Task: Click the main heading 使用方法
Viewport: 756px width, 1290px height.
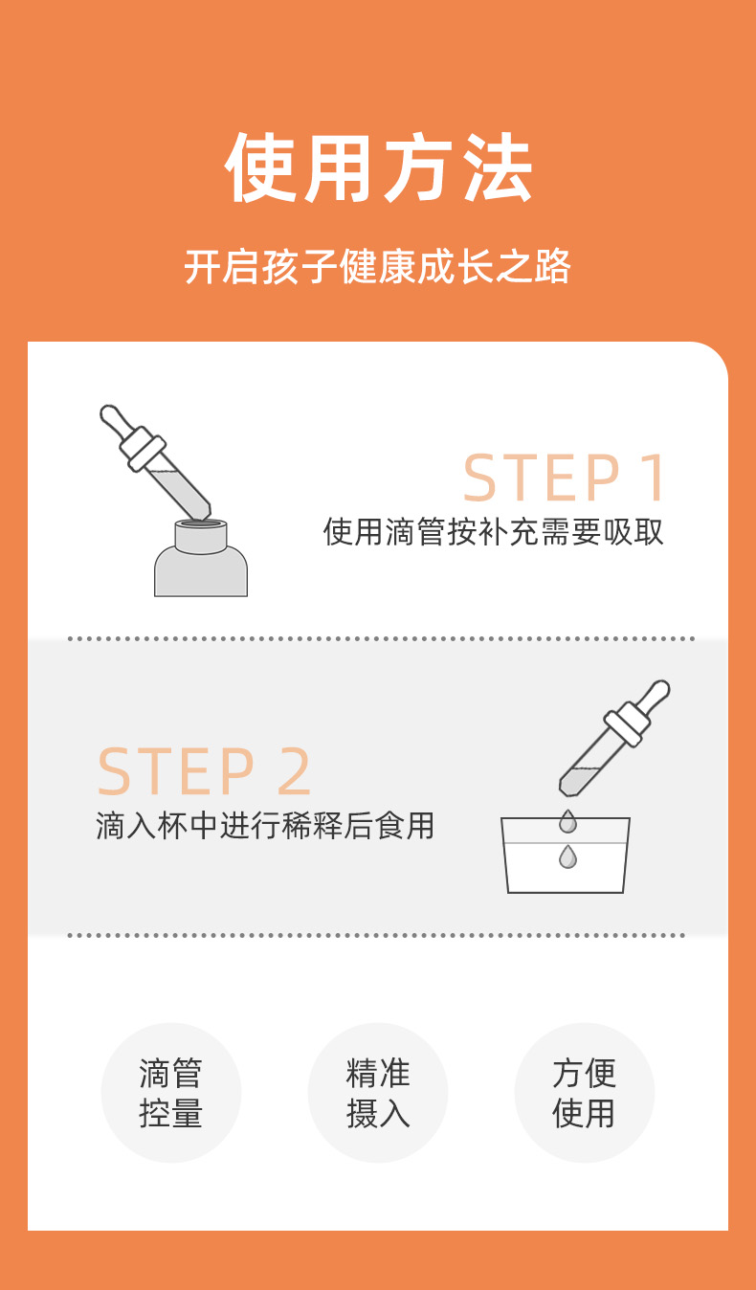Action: (x=378, y=167)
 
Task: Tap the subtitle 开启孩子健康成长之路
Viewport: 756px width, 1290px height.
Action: (x=378, y=267)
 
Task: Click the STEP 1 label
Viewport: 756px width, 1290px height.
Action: (x=564, y=478)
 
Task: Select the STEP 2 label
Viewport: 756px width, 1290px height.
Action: (x=205, y=771)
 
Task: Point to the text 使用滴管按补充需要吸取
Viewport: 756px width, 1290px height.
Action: (x=494, y=531)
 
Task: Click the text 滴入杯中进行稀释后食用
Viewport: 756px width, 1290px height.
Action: (x=265, y=825)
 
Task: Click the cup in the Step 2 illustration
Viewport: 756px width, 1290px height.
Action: (x=566, y=856)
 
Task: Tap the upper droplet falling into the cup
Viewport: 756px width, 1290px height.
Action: (x=567, y=821)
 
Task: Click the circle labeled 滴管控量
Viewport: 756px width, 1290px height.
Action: (x=171, y=1093)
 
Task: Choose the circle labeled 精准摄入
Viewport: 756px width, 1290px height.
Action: (x=378, y=1093)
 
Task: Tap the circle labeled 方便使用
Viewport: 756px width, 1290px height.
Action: (x=585, y=1093)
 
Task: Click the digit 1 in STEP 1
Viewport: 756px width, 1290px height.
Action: (x=655, y=478)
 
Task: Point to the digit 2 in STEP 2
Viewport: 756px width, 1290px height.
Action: (x=295, y=771)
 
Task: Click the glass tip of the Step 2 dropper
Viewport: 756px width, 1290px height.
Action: (x=567, y=788)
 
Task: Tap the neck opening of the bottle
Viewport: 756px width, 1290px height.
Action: (x=201, y=523)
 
